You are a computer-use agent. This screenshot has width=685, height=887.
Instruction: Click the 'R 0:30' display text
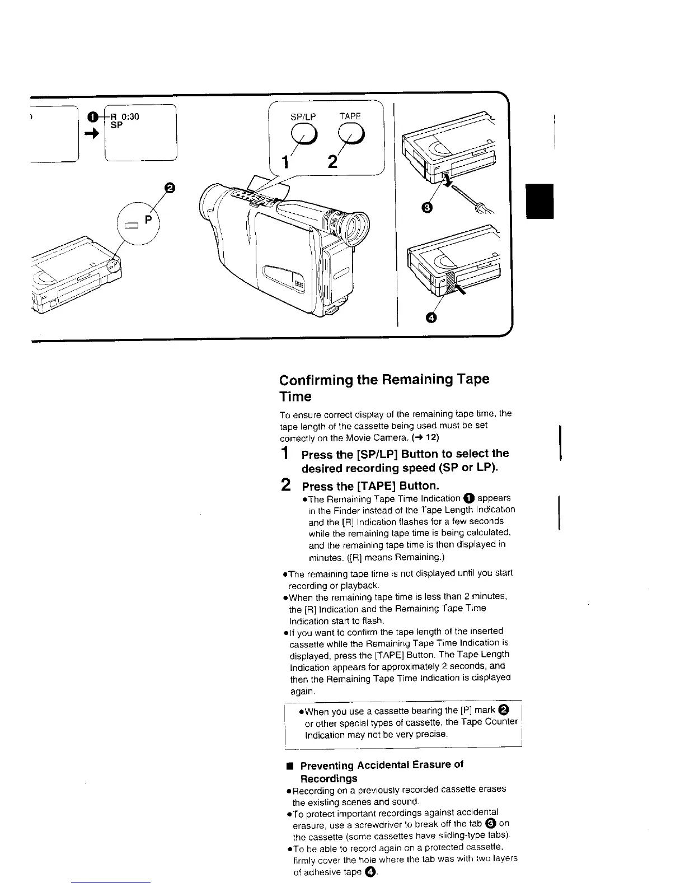point(124,116)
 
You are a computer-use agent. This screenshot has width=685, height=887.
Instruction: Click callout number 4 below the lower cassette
point(430,318)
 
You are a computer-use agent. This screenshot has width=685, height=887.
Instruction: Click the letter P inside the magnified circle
point(148,220)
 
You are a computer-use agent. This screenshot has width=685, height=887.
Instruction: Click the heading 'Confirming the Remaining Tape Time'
point(384,388)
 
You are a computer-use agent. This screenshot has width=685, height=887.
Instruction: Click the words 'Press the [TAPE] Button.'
point(370,485)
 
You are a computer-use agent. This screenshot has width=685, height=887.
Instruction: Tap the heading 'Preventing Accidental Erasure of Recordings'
point(382,771)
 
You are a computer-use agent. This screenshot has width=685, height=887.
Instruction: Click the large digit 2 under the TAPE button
point(333,162)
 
